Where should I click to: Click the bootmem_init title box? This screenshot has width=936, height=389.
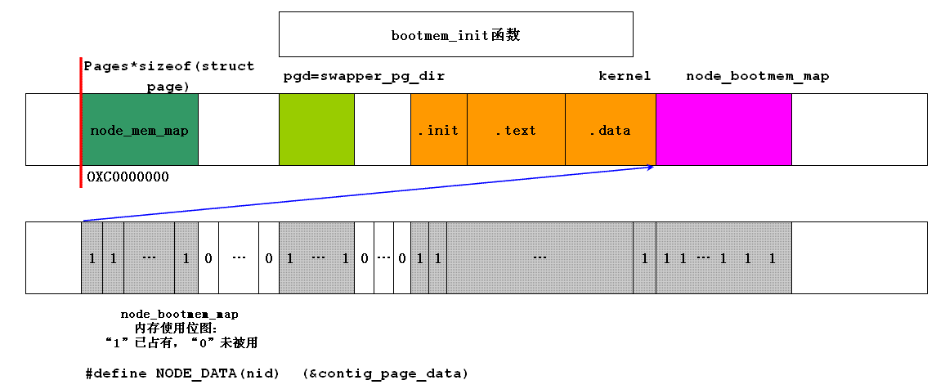tap(455, 34)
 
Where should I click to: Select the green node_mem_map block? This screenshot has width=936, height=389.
tap(140, 130)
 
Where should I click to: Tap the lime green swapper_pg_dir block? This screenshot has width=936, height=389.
tap(316, 130)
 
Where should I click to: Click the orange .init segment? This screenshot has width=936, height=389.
tap(439, 130)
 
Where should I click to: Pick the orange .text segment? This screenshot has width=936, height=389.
tap(516, 130)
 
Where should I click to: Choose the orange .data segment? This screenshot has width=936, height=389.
tap(610, 130)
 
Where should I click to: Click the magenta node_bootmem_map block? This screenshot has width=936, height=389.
tap(723, 130)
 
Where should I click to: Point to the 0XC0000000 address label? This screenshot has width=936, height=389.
tap(128, 177)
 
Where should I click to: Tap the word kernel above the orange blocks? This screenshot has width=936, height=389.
tap(625, 76)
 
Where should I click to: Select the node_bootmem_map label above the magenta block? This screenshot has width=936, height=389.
tap(757, 76)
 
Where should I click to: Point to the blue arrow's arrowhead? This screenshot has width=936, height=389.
tap(651, 168)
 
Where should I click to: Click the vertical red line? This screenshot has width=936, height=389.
tap(81, 123)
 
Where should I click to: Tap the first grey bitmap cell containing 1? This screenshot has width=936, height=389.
tap(92, 258)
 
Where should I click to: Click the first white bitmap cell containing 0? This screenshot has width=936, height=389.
tap(208, 258)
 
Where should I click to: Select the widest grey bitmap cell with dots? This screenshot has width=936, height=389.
tap(540, 258)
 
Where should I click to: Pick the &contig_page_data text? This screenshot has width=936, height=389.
tap(385, 373)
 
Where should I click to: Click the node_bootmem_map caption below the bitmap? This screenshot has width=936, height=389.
tap(180, 314)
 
